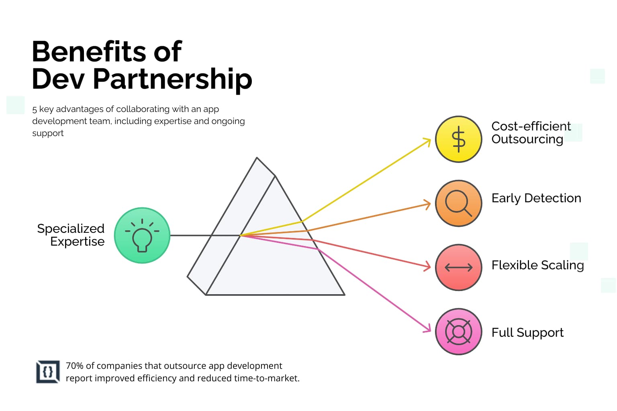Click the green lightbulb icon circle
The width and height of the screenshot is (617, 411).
coord(142,236)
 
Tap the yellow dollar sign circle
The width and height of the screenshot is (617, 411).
coord(458,139)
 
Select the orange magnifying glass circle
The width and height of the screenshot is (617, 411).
coord(458,203)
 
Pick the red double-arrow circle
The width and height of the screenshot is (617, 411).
coord(458,267)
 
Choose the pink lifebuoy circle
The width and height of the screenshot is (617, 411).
coord(458,332)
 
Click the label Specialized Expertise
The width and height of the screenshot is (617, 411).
coord(71,235)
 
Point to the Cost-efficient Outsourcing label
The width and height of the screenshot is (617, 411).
coord(531,132)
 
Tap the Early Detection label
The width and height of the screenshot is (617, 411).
coord(536,198)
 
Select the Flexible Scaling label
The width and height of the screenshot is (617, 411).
coord(537,265)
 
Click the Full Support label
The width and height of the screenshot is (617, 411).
coord(527,333)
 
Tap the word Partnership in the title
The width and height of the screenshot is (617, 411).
coord(172,79)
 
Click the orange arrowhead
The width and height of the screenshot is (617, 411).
coord(428,204)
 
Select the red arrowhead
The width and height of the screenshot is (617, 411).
coord(428,267)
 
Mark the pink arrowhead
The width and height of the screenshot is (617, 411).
coord(428,330)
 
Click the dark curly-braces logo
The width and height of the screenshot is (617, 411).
coord(48,372)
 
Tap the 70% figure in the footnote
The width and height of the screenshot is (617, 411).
coord(74,366)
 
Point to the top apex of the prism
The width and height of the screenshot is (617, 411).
coord(257,158)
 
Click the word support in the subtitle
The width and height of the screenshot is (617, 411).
coord(48,133)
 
